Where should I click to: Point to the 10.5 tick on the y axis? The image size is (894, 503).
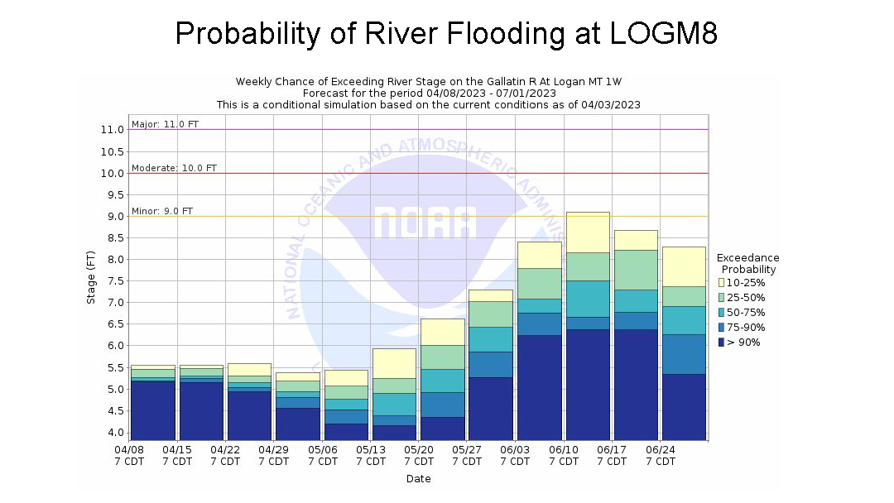113,151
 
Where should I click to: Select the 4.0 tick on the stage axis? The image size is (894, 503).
113,433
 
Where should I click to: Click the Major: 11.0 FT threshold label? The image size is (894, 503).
165,124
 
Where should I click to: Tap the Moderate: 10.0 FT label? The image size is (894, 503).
174,168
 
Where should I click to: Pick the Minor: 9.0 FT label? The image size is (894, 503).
161,211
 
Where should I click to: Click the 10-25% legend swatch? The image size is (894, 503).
721,283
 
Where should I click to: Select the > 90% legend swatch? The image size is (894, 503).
721,343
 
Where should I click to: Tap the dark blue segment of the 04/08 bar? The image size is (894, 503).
153,410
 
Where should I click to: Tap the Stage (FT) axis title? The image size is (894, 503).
92,278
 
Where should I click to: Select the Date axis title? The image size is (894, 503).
418,479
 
